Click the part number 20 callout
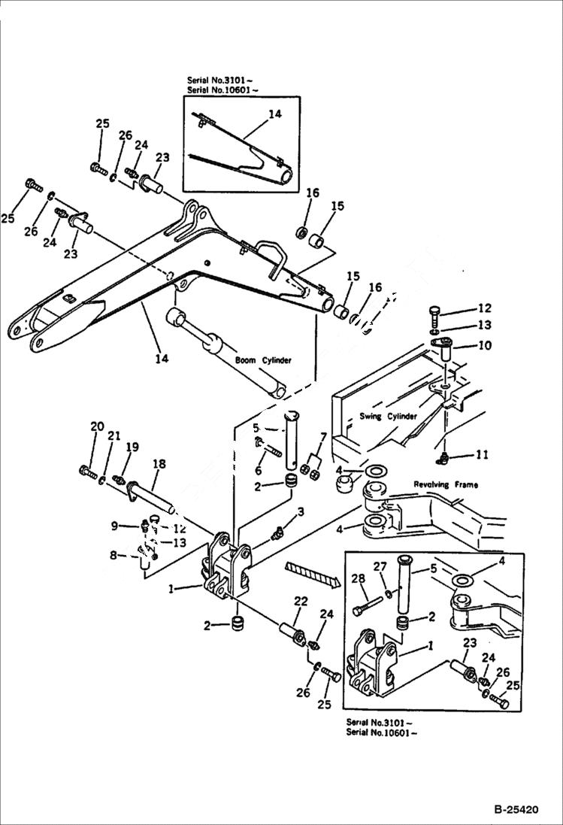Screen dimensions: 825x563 97,427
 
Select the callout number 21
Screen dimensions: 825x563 114,435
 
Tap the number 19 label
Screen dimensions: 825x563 132,447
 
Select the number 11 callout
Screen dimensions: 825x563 481,454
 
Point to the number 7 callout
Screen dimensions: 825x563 323,437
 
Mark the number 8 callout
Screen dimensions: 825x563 114,556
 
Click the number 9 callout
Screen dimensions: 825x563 114,526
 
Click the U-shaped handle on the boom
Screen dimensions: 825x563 271,256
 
